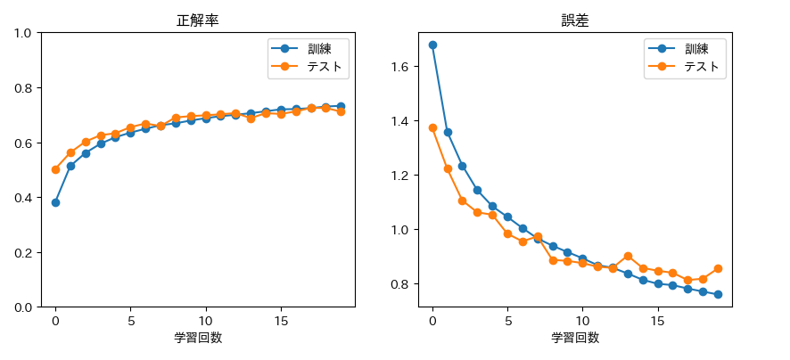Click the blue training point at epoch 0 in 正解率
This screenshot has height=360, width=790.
[55, 202]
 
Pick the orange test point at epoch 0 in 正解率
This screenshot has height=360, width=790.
[55, 169]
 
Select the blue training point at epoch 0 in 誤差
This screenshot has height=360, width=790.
[432, 45]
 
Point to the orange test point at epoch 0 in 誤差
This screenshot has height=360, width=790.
[432, 127]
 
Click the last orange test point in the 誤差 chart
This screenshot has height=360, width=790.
[718, 268]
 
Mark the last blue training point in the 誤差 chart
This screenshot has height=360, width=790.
[718, 294]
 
